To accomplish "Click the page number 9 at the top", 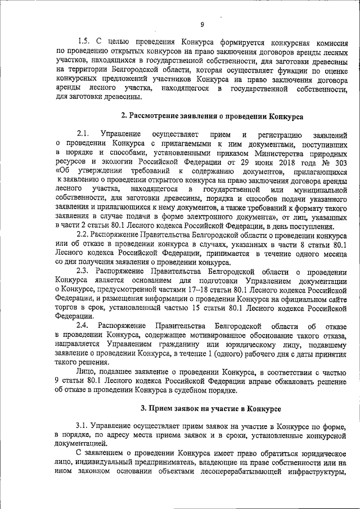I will (x=202, y=24).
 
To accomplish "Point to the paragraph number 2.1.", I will (x=83, y=134).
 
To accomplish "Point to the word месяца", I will (x=332, y=251).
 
